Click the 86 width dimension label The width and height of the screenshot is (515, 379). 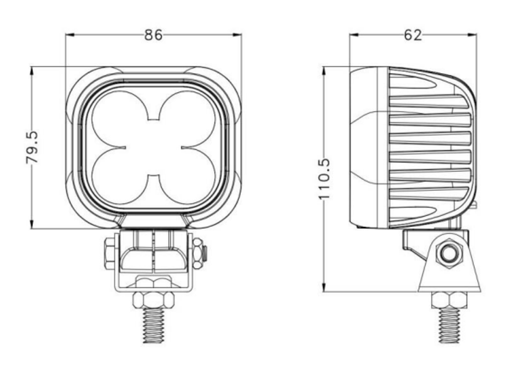(153, 35)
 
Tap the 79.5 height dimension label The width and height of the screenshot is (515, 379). (32, 147)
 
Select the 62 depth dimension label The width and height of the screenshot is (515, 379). (413, 35)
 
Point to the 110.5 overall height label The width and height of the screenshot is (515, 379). (324, 179)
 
